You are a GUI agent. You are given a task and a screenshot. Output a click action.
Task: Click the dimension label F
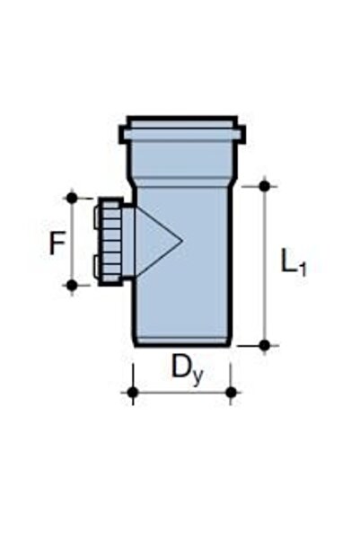click(x=57, y=242)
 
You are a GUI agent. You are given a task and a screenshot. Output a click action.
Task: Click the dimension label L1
click(x=293, y=262)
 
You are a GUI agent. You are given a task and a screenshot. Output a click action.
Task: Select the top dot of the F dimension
click(x=72, y=197)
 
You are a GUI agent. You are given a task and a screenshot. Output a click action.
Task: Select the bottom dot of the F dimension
click(x=72, y=285)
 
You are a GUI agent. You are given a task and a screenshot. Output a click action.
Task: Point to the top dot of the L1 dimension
click(x=264, y=186)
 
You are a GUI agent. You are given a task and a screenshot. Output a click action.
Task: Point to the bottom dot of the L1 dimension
click(x=264, y=344)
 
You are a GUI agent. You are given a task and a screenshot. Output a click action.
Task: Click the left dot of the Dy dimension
click(x=133, y=392)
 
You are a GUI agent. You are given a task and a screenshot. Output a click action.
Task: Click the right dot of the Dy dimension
click(x=231, y=392)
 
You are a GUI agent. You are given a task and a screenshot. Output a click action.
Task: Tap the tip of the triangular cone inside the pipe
click(x=182, y=240)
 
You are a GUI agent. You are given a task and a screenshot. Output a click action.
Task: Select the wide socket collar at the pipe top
click(x=181, y=131)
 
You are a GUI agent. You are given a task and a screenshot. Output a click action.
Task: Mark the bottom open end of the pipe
click(x=182, y=342)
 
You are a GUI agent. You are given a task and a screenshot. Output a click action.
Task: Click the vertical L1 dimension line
click(x=264, y=265)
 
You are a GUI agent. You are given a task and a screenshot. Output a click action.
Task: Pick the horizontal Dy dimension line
click(x=181, y=392)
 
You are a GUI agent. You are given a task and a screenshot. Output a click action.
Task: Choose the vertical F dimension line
click(x=72, y=241)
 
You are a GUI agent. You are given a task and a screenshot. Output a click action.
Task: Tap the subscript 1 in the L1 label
click(x=303, y=269)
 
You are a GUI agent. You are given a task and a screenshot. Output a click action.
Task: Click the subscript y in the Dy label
click(x=197, y=375)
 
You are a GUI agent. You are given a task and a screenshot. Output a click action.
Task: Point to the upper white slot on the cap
click(x=96, y=215)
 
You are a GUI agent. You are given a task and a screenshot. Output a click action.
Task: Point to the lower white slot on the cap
click(x=96, y=266)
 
